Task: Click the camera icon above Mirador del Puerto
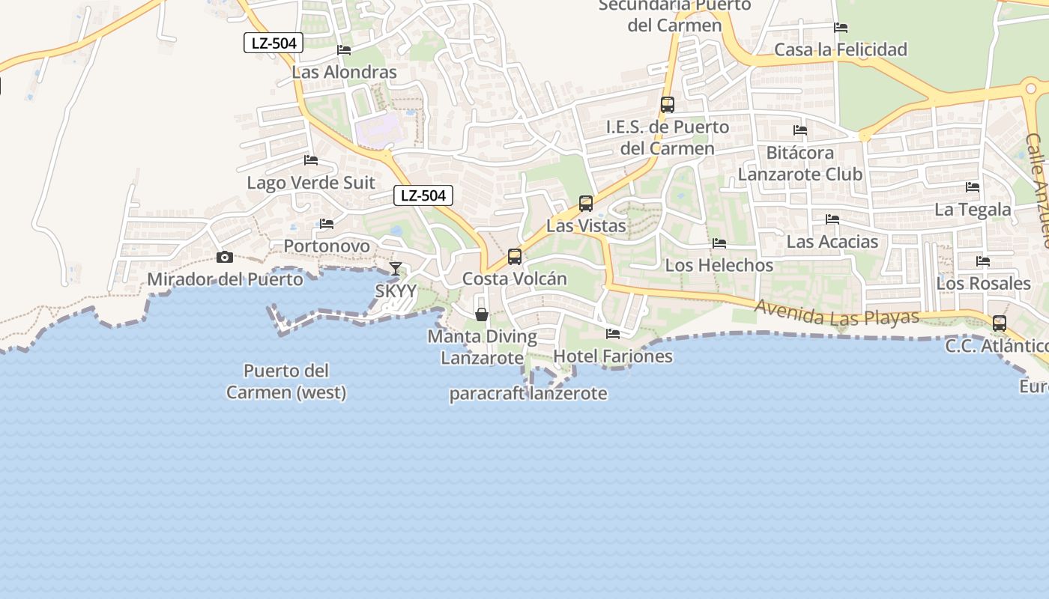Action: tap(224, 258)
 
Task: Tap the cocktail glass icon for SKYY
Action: tap(395, 269)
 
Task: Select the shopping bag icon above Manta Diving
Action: tap(482, 314)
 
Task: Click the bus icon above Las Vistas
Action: tap(586, 203)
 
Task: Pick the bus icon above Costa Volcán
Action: tap(515, 257)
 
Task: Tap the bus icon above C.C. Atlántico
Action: tap(999, 323)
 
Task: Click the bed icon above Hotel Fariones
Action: tap(613, 334)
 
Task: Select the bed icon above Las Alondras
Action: tap(344, 50)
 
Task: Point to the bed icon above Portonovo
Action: tap(327, 224)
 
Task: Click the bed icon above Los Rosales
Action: tap(983, 261)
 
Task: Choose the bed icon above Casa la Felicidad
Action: tap(841, 28)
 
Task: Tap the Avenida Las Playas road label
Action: tap(837, 312)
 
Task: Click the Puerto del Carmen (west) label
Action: tap(287, 381)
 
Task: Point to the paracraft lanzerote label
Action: tap(528, 393)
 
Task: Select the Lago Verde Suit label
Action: tap(311, 183)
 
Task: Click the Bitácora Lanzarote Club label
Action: tap(800, 163)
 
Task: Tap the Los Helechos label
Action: tap(719, 265)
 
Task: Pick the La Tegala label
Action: tap(973, 210)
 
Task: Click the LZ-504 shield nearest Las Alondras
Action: tap(273, 43)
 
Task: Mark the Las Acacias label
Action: tap(832, 242)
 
